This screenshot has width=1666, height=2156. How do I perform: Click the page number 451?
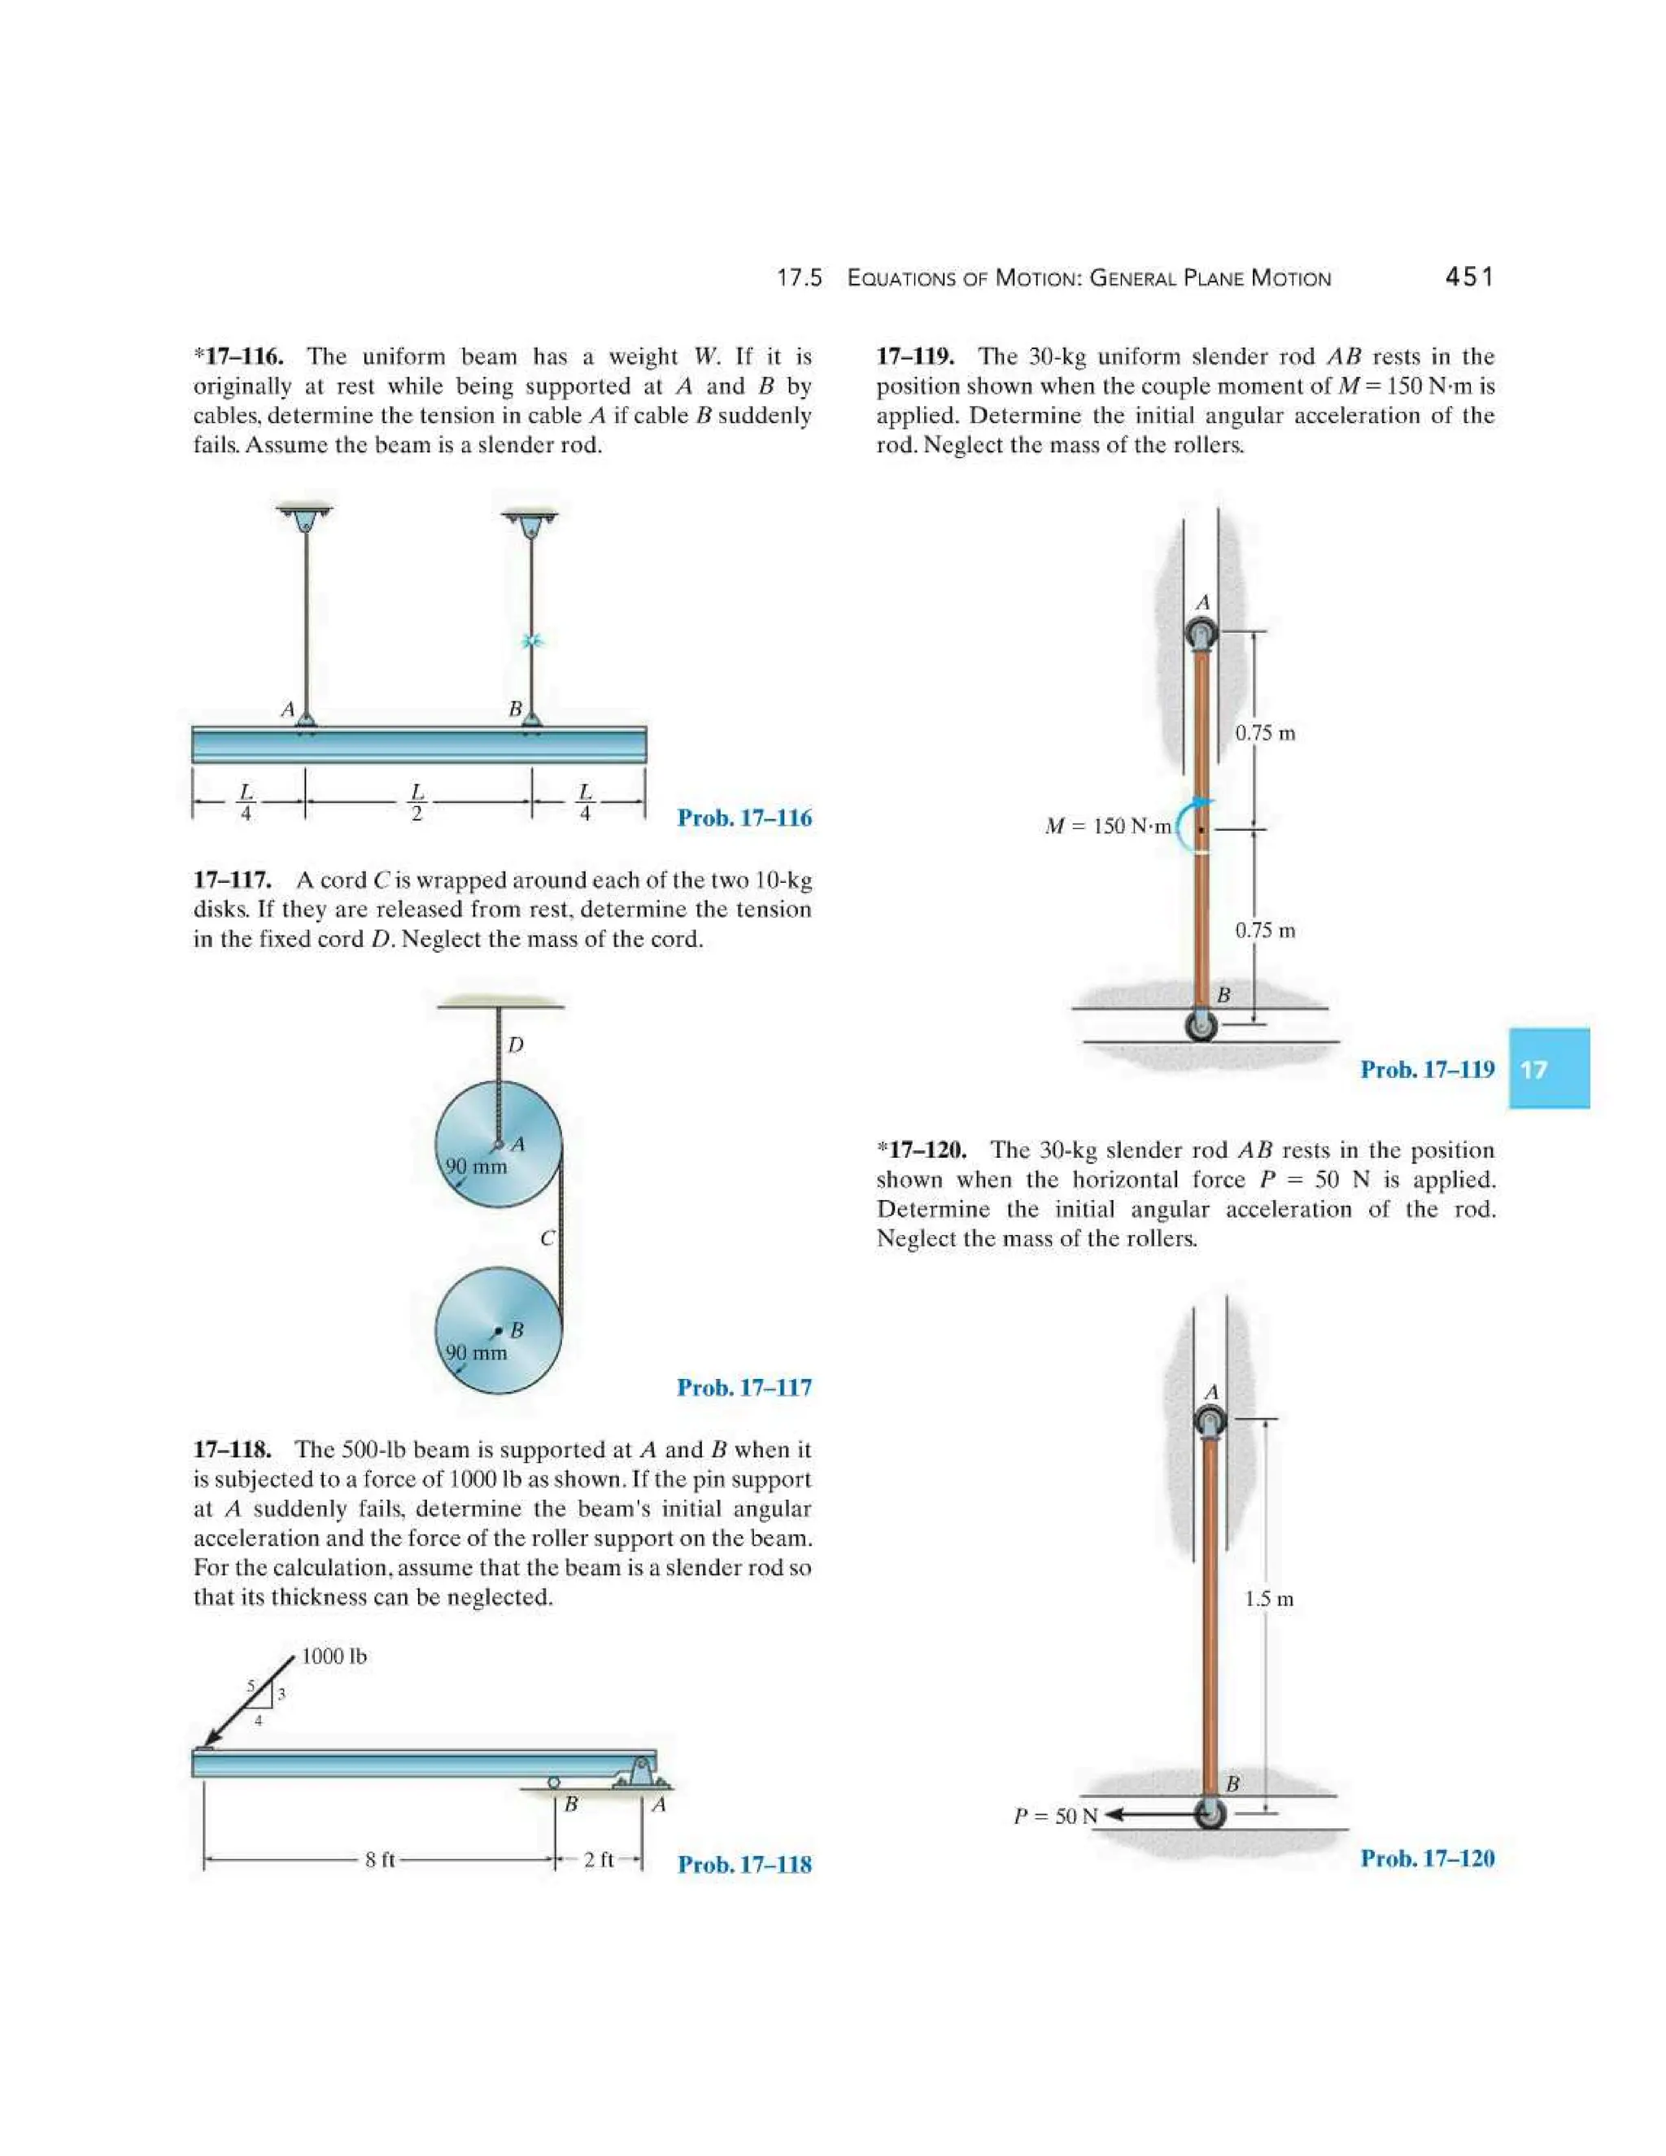(x=1468, y=277)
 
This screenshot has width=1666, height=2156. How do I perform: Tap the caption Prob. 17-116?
(x=744, y=818)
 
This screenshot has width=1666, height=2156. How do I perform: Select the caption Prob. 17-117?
(x=744, y=1387)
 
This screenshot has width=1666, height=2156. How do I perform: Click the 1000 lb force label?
(x=334, y=1656)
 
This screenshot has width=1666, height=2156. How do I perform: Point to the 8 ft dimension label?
(x=380, y=1860)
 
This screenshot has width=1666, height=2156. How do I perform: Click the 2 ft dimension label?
(x=598, y=1860)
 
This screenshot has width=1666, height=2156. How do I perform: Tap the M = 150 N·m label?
(x=1107, y=827)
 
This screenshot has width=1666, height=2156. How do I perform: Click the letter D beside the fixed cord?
(x=515, y=1045)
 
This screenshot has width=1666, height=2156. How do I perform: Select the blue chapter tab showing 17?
(x=1546, y=1069)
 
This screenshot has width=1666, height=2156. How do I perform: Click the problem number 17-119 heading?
(x=915, y=356)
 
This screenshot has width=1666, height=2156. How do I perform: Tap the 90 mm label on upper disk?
(x=476, y=1167)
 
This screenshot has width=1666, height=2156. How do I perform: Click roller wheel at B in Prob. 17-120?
(x=1210, y=1813)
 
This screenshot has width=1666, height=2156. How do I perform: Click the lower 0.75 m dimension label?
(x=1264, y=930)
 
